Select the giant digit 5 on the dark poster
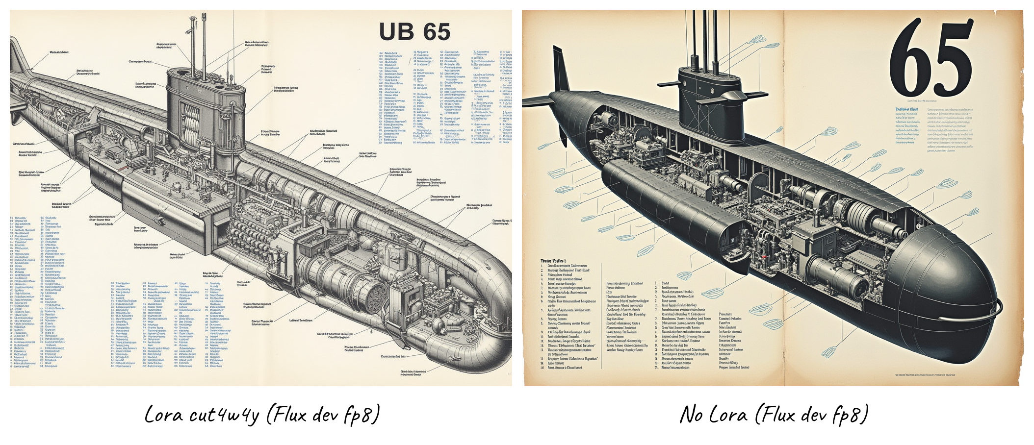[954, 60]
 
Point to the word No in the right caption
[691, 415]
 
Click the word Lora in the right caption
[729, 415]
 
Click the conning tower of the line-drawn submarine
[206, 113]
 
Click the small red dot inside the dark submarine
[764, 256]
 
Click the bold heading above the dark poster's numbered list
[553, 261]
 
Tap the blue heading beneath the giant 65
[906, 110]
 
